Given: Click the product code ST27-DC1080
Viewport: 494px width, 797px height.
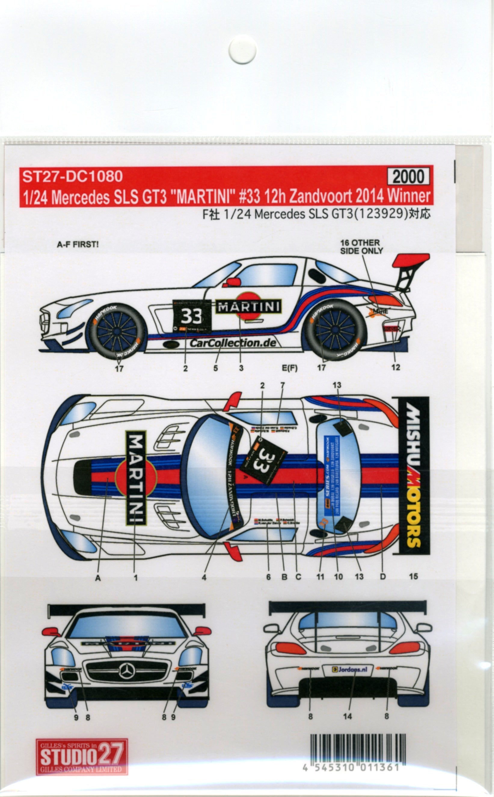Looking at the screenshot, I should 72,177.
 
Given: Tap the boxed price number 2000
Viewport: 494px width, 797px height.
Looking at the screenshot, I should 408,177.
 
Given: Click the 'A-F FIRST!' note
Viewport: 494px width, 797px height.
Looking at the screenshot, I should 78,245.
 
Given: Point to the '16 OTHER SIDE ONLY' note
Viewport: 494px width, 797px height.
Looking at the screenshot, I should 361,247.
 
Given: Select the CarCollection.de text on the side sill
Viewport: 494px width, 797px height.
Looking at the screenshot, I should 233,343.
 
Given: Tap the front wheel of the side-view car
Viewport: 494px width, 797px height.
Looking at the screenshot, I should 117,328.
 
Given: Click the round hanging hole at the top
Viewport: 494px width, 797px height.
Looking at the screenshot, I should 242,49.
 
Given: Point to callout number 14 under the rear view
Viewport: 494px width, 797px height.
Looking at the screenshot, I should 347,717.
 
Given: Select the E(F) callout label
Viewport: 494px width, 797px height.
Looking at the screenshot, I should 290,368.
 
